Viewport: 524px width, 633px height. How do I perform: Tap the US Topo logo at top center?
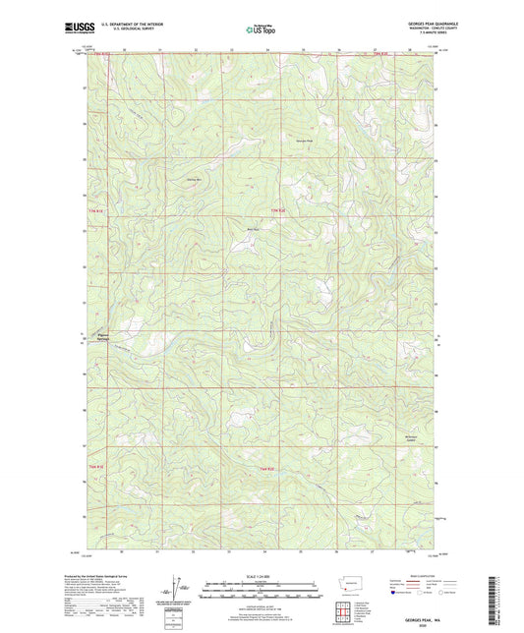point(260,30)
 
